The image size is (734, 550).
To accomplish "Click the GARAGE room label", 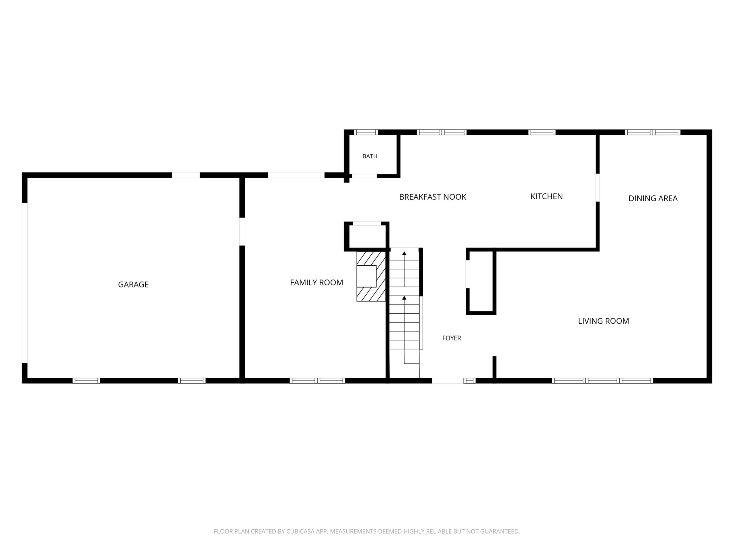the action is (x=133, y=284).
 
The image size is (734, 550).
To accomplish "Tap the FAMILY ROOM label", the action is (x=317, y=282).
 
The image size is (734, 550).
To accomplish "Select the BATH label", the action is (x=370, y=156).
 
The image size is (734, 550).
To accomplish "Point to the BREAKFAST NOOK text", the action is (x=433, y=197).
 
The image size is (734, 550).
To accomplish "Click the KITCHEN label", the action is (x=546, y=196).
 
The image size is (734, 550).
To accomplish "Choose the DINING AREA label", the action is (x=653, y=198).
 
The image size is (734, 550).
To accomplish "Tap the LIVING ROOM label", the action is (x=604, y=321).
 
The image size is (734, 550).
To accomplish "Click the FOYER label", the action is (x=452, y=338).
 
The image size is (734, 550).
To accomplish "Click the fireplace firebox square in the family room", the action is (x=366, y=276).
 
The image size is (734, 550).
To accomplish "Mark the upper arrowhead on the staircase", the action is (x=404, y=254).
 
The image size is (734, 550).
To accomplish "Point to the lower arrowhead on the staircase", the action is (x=404, y=298).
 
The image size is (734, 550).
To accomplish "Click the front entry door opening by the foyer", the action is (x=448, y=381).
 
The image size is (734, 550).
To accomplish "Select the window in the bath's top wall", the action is (x=366, y=132).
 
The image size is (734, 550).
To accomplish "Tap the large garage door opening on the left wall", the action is (x=25, y=283).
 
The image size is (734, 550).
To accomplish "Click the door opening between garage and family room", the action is (x=242, y=231).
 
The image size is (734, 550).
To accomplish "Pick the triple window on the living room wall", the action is (x=603, y=381).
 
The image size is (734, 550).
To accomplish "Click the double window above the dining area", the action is (x=653, y=132).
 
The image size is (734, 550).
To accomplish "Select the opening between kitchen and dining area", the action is (x=598, y=188).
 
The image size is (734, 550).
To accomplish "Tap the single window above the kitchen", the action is (x=542, y=132).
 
